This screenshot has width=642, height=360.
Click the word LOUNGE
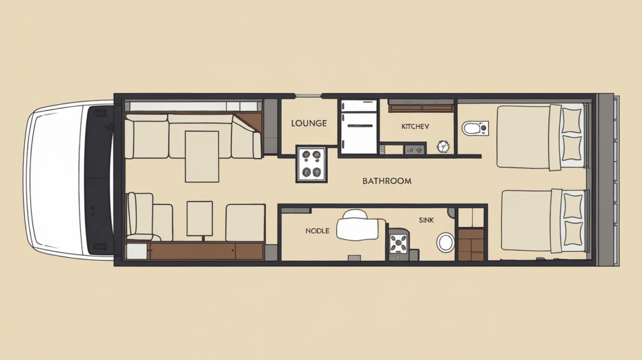coord(308,124)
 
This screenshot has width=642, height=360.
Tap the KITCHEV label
coord(415,127)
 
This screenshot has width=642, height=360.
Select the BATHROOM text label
coord(387,181)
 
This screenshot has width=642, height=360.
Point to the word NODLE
coord(317,231)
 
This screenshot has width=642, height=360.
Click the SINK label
coord(426,220)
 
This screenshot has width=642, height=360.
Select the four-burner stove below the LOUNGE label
coord(311,164)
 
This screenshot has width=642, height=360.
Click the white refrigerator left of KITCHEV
coord(358,125)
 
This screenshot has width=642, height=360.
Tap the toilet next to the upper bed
coord(473,129)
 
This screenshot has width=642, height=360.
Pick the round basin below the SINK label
coord(446,242)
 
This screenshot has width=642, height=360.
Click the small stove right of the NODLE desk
coord(399,243)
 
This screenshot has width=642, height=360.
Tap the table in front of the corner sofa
coord(201,156)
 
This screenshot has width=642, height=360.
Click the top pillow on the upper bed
coord(572,120)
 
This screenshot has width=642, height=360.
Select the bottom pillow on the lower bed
coord(573,230)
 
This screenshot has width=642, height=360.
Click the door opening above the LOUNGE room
coord(308,96)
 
